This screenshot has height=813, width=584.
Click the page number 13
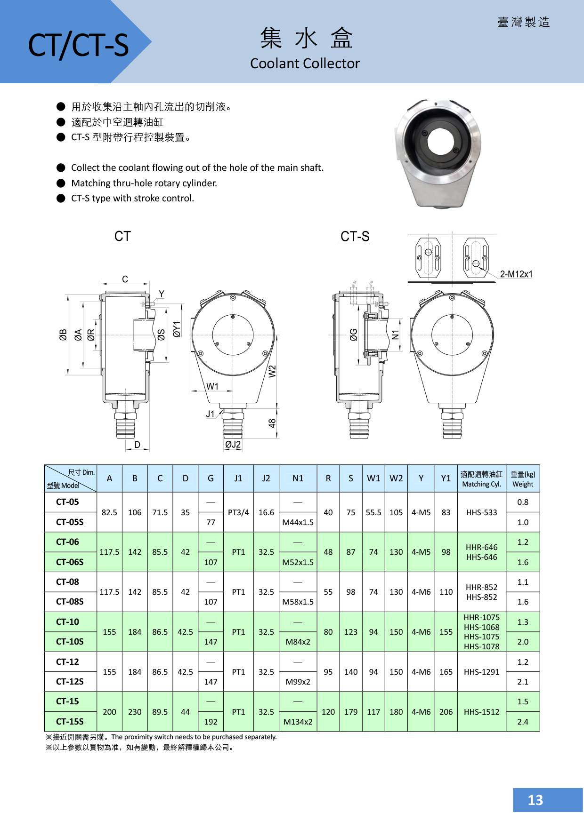535,800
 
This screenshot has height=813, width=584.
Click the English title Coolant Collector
305,64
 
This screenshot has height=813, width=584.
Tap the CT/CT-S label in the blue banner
78,46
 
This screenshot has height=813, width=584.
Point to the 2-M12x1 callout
516,274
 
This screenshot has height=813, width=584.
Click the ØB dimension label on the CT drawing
63,335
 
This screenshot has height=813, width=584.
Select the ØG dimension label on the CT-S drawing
354,335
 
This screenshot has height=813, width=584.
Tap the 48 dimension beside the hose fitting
272,423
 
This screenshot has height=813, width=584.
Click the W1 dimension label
212,386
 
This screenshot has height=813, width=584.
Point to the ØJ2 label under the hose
233,445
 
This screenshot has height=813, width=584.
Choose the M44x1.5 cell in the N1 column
298,522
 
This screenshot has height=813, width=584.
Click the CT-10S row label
70,642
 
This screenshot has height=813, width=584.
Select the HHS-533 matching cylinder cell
481,512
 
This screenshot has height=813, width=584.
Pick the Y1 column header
446,478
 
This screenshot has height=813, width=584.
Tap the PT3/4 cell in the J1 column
238,512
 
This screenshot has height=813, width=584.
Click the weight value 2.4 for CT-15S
523,722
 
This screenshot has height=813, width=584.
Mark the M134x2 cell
298,722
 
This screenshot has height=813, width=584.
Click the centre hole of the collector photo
440,142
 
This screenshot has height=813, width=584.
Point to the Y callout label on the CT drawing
162,294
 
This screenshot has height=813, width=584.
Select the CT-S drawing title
355,236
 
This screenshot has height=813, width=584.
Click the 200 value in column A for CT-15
109,712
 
